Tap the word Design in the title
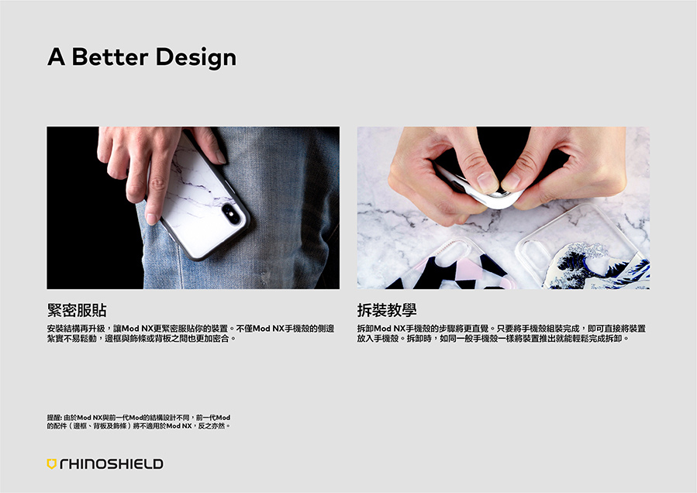[x=195, y=57]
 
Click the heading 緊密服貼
[x=77, y=311]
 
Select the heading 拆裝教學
[x=387, y=311]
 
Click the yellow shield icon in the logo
[x=52, y=464]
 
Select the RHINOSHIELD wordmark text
[x=111, y=464]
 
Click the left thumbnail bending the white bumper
[x=487, y=181]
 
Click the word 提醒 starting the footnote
[x=55, y=417]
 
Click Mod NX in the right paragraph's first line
[x=390, y=329]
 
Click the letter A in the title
[x=55, y=57]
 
